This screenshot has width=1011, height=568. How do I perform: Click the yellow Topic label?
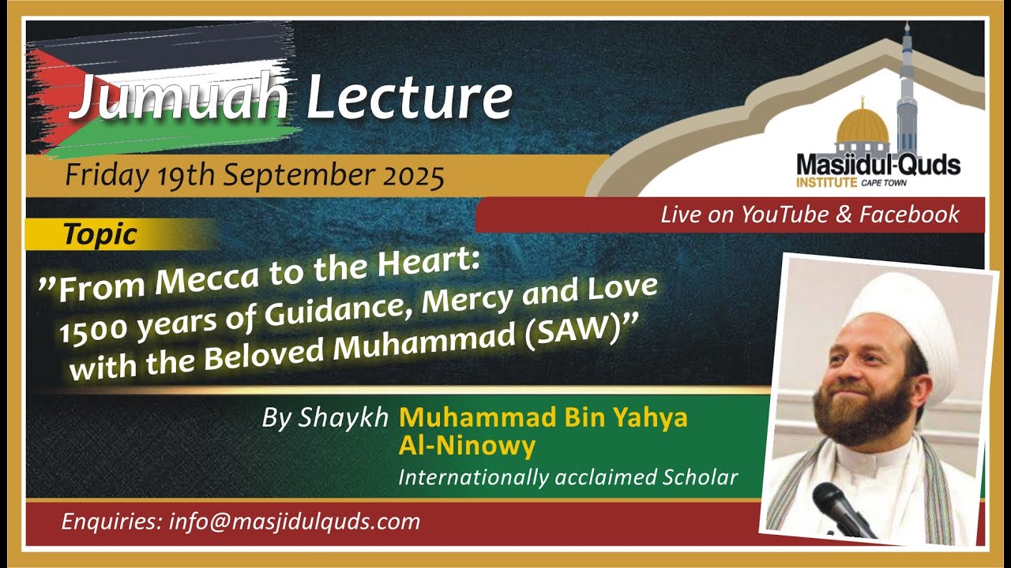point(100,234)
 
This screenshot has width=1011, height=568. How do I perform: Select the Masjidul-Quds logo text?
point(878,166)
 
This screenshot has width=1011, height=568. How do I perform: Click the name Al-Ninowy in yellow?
point(467,447)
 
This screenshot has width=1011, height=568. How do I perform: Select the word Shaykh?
point(355,418)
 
